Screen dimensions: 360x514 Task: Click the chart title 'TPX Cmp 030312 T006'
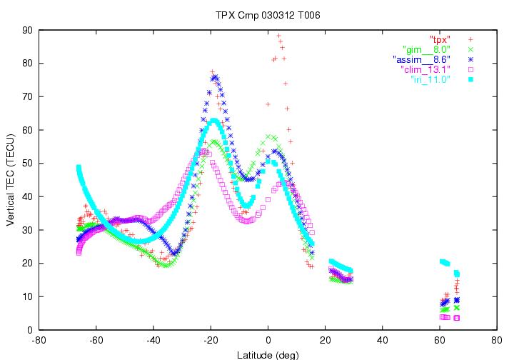pyautogui.click(x=256, y=14)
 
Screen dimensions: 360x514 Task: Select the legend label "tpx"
pyautogui.click(x=440, y=39)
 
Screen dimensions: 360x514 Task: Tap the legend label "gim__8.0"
pyautogui.click(x=427, y=49)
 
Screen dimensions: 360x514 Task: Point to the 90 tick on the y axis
pyautogui.click(x=28, y=30)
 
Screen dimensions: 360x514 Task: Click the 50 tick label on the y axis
pyautogui.click(x=28, y=163)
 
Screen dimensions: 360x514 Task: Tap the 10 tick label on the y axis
pyautogui.click(x=28, y=296)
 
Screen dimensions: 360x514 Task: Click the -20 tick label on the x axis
pyautogui.click(x=211, y=341)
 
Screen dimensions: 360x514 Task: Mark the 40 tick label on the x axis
pyautogui.click(x=382, y=341)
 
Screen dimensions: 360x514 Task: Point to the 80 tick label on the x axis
pyautogui.click(x=496, y=341)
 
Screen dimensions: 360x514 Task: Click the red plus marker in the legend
pyautogui.click(x=471, y=39)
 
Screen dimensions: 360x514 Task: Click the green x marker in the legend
pyautogui.click(x=471, y=49)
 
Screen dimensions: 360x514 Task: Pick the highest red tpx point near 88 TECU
pyautogui.click(x=279, y=36)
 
